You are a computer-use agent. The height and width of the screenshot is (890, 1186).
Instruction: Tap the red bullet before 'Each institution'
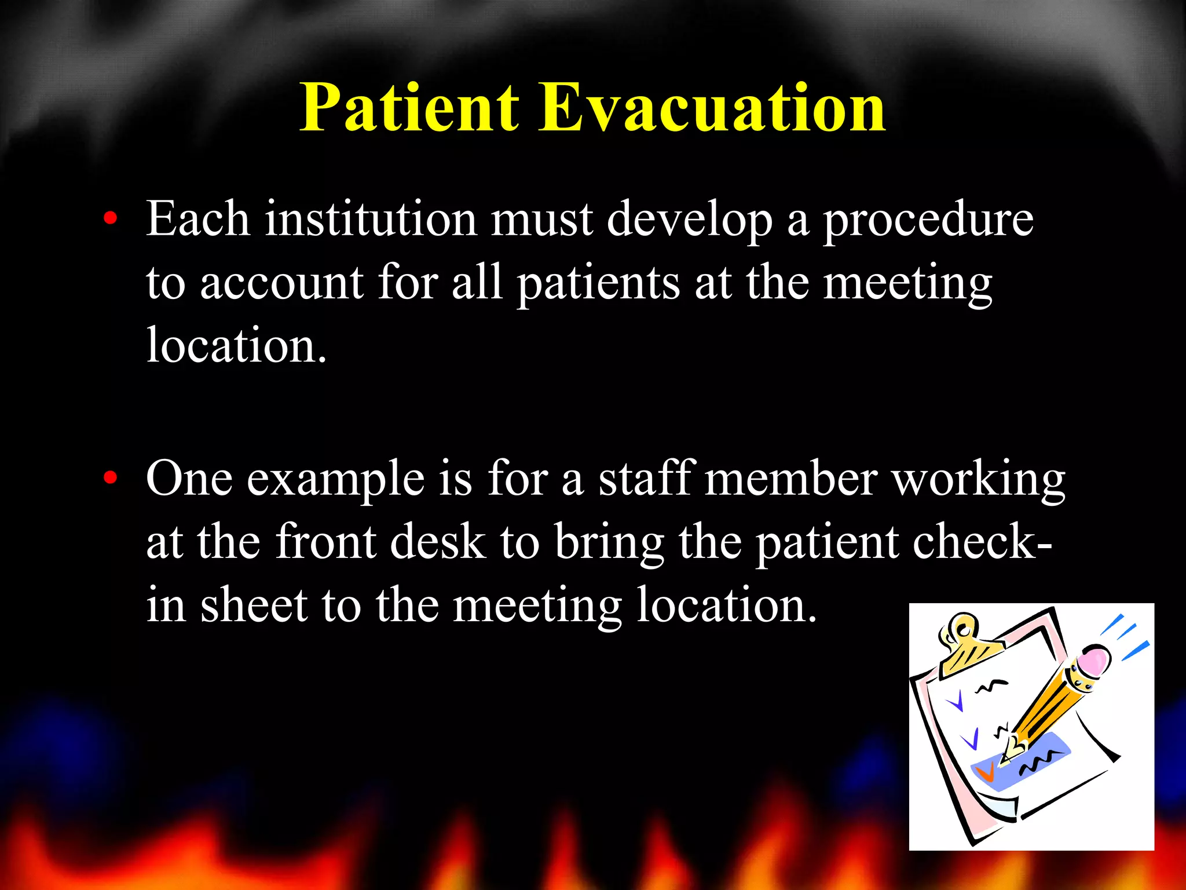(x=110, y=220)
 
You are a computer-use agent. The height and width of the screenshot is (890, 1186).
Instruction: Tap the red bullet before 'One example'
(x=110, y=479)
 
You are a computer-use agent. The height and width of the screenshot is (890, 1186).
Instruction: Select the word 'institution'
(x=371, y=220)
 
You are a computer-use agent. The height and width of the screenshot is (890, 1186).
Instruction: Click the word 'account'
(x=281, y=284)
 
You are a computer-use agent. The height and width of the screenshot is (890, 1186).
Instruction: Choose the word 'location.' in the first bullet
(x=236, y=346)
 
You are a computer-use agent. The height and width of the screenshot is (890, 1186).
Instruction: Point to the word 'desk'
(x=438, y=542)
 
